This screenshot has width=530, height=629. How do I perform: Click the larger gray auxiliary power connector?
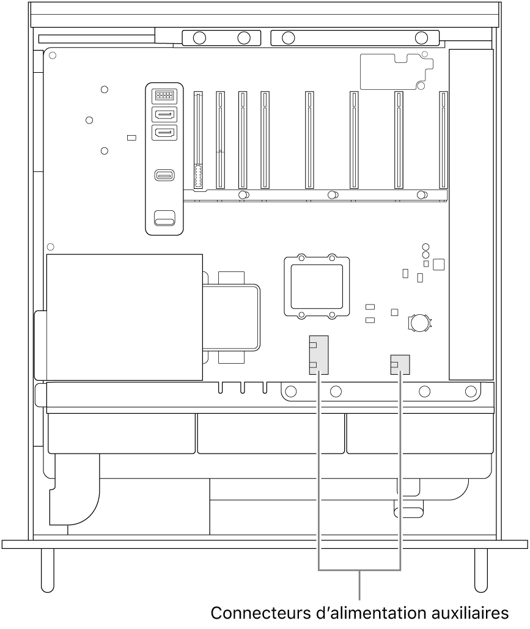[318, 355]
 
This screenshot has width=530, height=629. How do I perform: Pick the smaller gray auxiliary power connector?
[400, 365]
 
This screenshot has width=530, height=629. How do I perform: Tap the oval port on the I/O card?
[164, 176]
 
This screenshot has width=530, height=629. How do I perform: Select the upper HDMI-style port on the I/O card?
[164, 114]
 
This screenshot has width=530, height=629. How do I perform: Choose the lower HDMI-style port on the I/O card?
[164, 133]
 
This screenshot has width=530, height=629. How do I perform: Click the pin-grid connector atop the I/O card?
[164, 95]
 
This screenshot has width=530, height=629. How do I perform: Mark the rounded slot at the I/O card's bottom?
[164, 218]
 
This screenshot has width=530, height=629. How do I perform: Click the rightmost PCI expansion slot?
[443, 140]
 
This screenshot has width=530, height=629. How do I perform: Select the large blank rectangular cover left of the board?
[124, 317]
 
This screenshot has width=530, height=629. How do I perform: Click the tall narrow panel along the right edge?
[470, 214]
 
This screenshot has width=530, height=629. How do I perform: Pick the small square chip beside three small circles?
[438, 265]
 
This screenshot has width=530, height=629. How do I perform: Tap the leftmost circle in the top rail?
[198, 38]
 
